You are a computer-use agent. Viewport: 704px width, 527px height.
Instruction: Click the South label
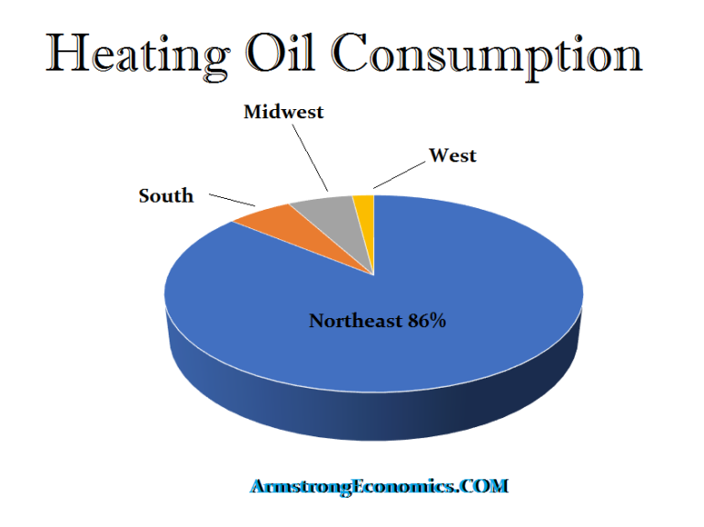tap(166, 196)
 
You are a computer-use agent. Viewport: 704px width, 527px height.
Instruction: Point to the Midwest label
tap(283, 112)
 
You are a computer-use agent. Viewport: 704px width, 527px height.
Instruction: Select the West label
tap(453, 156)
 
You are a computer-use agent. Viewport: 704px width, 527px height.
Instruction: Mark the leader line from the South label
tap(232, 199)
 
